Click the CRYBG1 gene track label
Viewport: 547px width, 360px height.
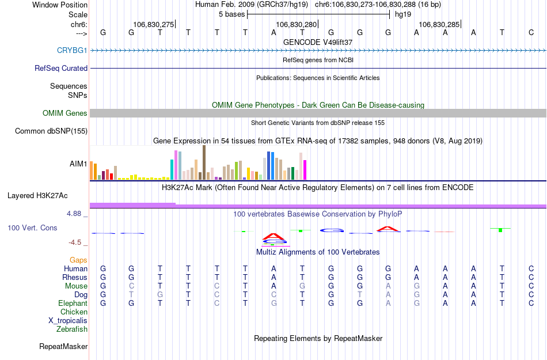coord(72,50)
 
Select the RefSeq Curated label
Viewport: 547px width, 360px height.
coord(61,68)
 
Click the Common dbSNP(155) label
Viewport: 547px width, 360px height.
coord(51,131)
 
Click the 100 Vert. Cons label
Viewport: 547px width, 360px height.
coord(32,228)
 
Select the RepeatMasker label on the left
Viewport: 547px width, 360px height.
coord(63,347)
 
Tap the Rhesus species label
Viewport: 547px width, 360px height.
coord(75,278)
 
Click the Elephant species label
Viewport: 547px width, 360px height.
coord(73,304)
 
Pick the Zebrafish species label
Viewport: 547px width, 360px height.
coord(72,329)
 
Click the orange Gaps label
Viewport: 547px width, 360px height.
coord(79,260)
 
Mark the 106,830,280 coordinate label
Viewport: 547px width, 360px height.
coord(297,24)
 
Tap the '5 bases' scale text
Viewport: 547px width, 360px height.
coord(231,14)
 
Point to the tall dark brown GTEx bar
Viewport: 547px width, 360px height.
coord(204,162)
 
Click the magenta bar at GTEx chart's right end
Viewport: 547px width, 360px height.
coord(305,170)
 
